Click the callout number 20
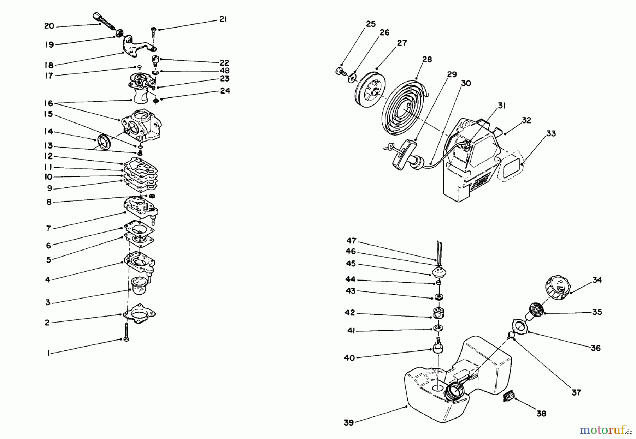[x=49, y=26]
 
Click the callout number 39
[x=349, y=422]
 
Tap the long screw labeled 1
[x=126, y=332]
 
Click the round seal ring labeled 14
[x=104, y=142]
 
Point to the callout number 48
[x=224, y=71]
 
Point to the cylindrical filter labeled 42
[x=438, y=313]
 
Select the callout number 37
[x=576, y=392]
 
